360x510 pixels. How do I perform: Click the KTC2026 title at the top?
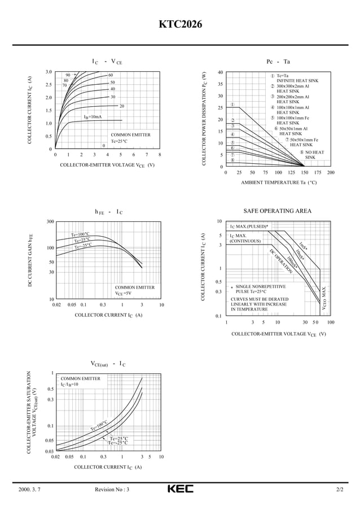point(180,25)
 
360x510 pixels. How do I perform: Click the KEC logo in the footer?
point(180,489)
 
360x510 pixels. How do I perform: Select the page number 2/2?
point(339,490)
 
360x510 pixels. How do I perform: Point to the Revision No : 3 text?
point(112,490)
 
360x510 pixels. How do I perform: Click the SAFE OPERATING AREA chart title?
point(277,211)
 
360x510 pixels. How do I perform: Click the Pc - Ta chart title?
point(278,61)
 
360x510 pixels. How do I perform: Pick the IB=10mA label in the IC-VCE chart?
point(93,117)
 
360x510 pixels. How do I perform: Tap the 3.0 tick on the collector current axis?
point(49,72)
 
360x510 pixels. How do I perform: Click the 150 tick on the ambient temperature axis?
point(305,173)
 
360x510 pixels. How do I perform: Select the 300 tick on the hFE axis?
point(50,221)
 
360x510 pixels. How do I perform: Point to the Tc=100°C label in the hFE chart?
point(80,234)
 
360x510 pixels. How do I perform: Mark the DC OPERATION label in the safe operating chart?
point(280,261)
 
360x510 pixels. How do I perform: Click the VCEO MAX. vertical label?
point(324,298)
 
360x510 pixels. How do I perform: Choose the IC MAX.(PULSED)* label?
point(249,226)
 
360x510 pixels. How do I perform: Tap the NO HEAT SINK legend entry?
point(314,155)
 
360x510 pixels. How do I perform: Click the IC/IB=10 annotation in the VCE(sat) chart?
point(70,384)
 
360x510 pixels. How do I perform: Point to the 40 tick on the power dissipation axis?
point(220,72)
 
